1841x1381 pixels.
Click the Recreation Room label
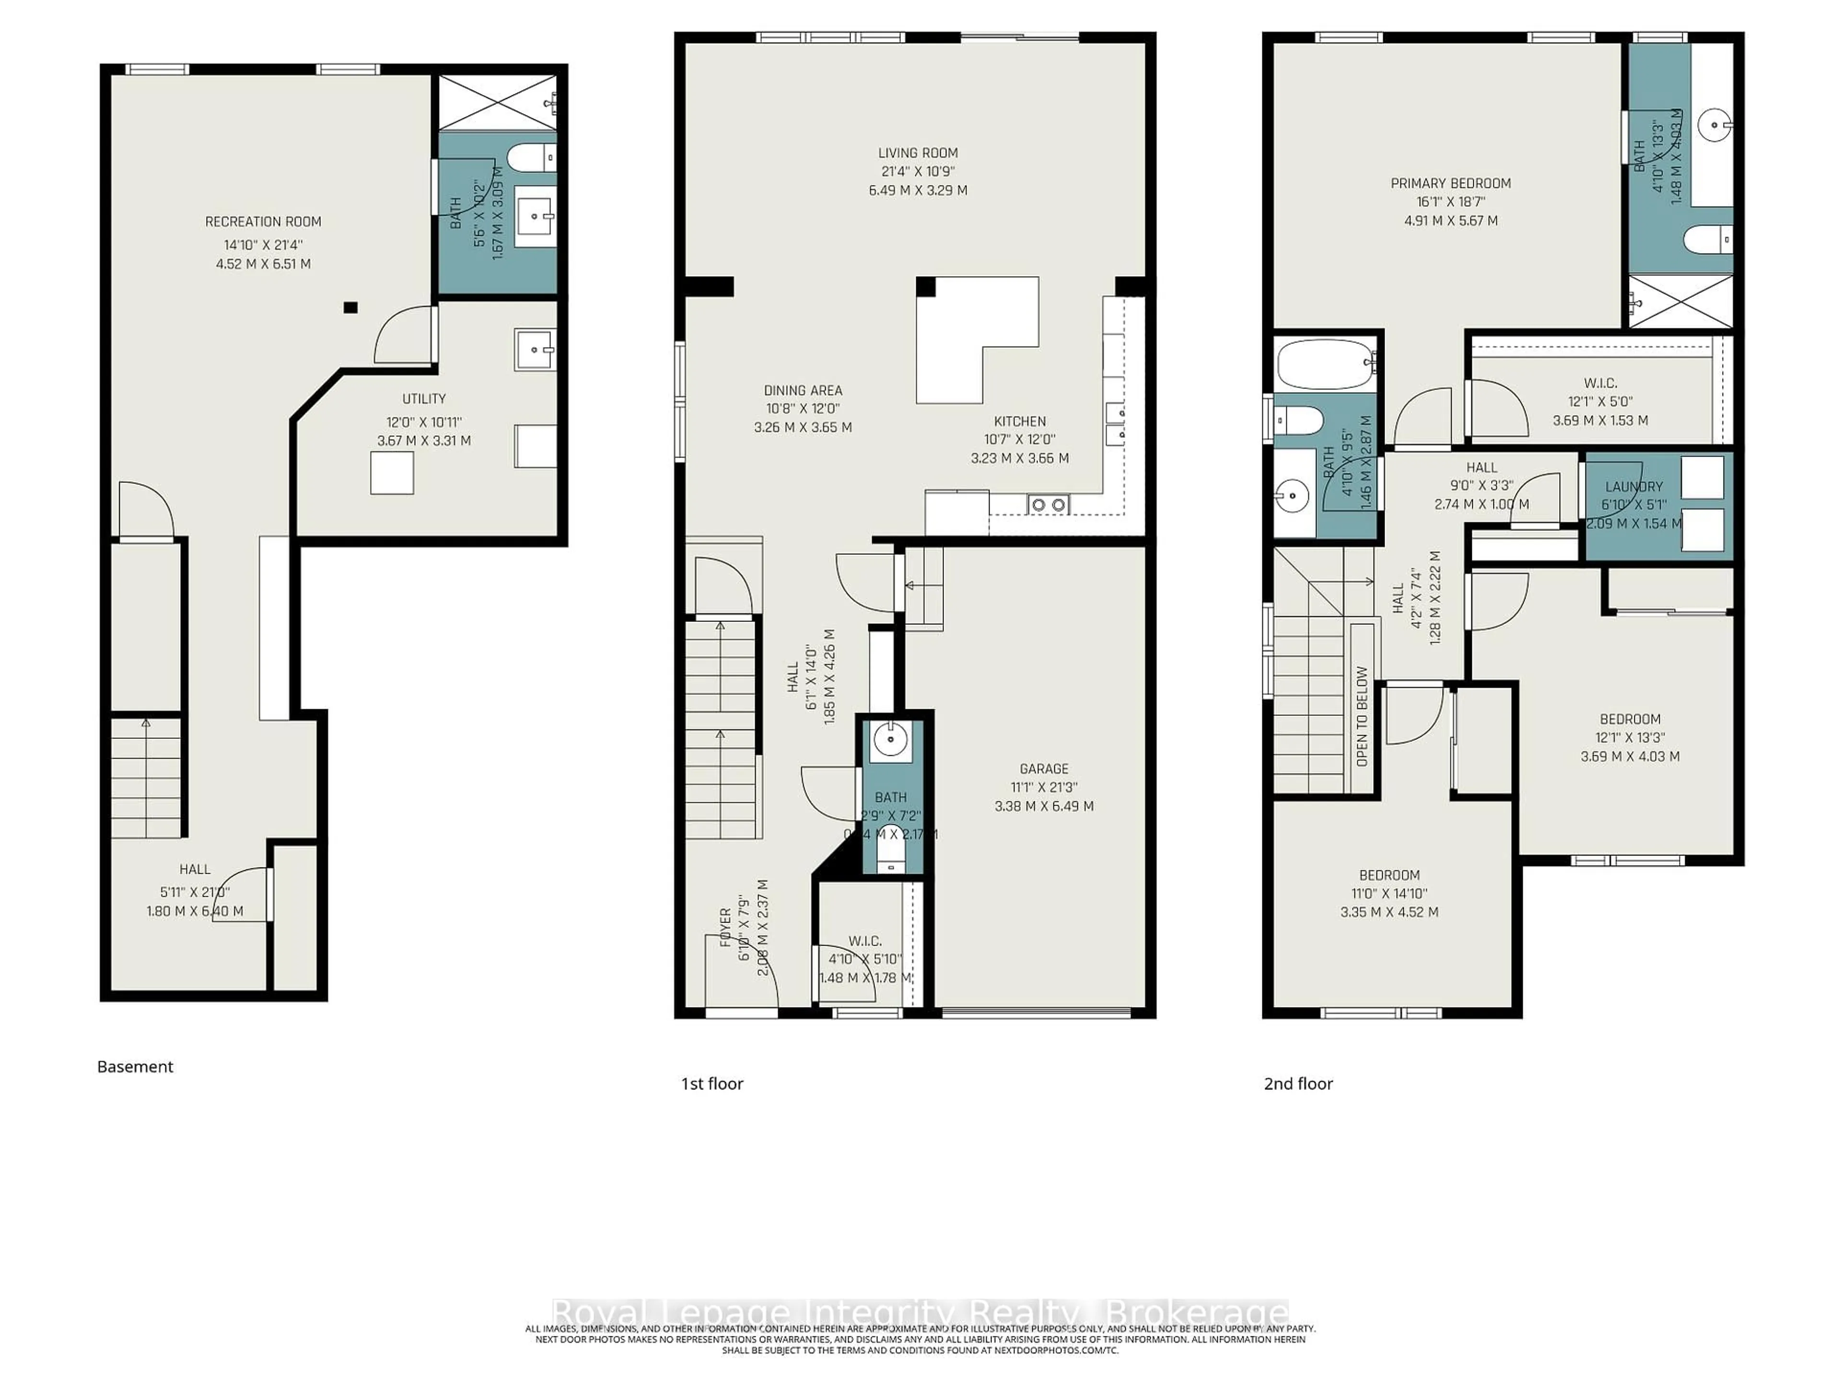(x=263, y=222)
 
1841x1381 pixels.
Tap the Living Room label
(x=917, y=153)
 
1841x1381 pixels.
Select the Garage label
(x=1044, y=768)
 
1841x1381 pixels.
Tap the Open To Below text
(x=1362, y=716)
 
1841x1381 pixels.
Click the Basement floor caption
(x=135, y=1066)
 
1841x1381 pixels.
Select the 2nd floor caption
(x=1297, y=1083)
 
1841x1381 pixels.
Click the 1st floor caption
(x=711, y=1083)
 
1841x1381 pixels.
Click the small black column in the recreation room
(x=350, y=307)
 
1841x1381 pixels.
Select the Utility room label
(x=424, y=399)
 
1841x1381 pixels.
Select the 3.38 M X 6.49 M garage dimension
(x=1044, y=806)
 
